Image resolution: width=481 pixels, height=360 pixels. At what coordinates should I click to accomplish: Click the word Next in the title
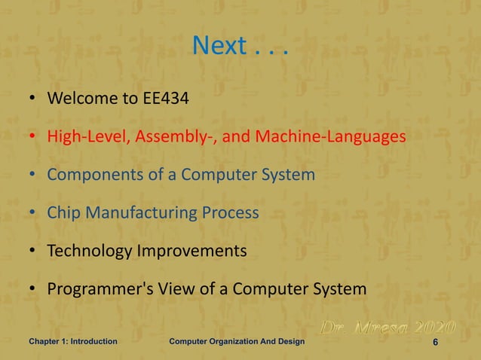click(x=219, y=47)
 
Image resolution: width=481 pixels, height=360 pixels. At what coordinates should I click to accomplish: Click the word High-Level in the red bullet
click(x=84, y=137)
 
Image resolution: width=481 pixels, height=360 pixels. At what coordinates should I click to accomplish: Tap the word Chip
click(x=62, y=212)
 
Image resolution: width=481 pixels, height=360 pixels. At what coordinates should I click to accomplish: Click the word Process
click(x=230, y=212)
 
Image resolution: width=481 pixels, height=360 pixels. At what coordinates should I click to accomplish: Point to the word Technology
click(x=89, y=251)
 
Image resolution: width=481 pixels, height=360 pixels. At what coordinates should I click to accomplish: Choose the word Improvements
click(x=191, y=251)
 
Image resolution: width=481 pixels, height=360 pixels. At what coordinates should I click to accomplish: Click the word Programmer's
click(x=97, y=289)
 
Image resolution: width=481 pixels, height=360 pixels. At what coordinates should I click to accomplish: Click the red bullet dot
click(x=33, y=138)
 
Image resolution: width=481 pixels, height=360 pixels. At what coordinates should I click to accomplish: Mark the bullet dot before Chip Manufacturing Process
click(x=33, y=213)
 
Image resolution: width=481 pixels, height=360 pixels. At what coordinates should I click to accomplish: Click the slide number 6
click(x=436, y=343)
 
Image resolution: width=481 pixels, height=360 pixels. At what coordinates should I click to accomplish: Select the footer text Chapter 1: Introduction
click(x=73, y=342)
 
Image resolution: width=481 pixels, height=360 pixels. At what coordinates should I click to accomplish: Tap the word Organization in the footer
click(x=244, y=342)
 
